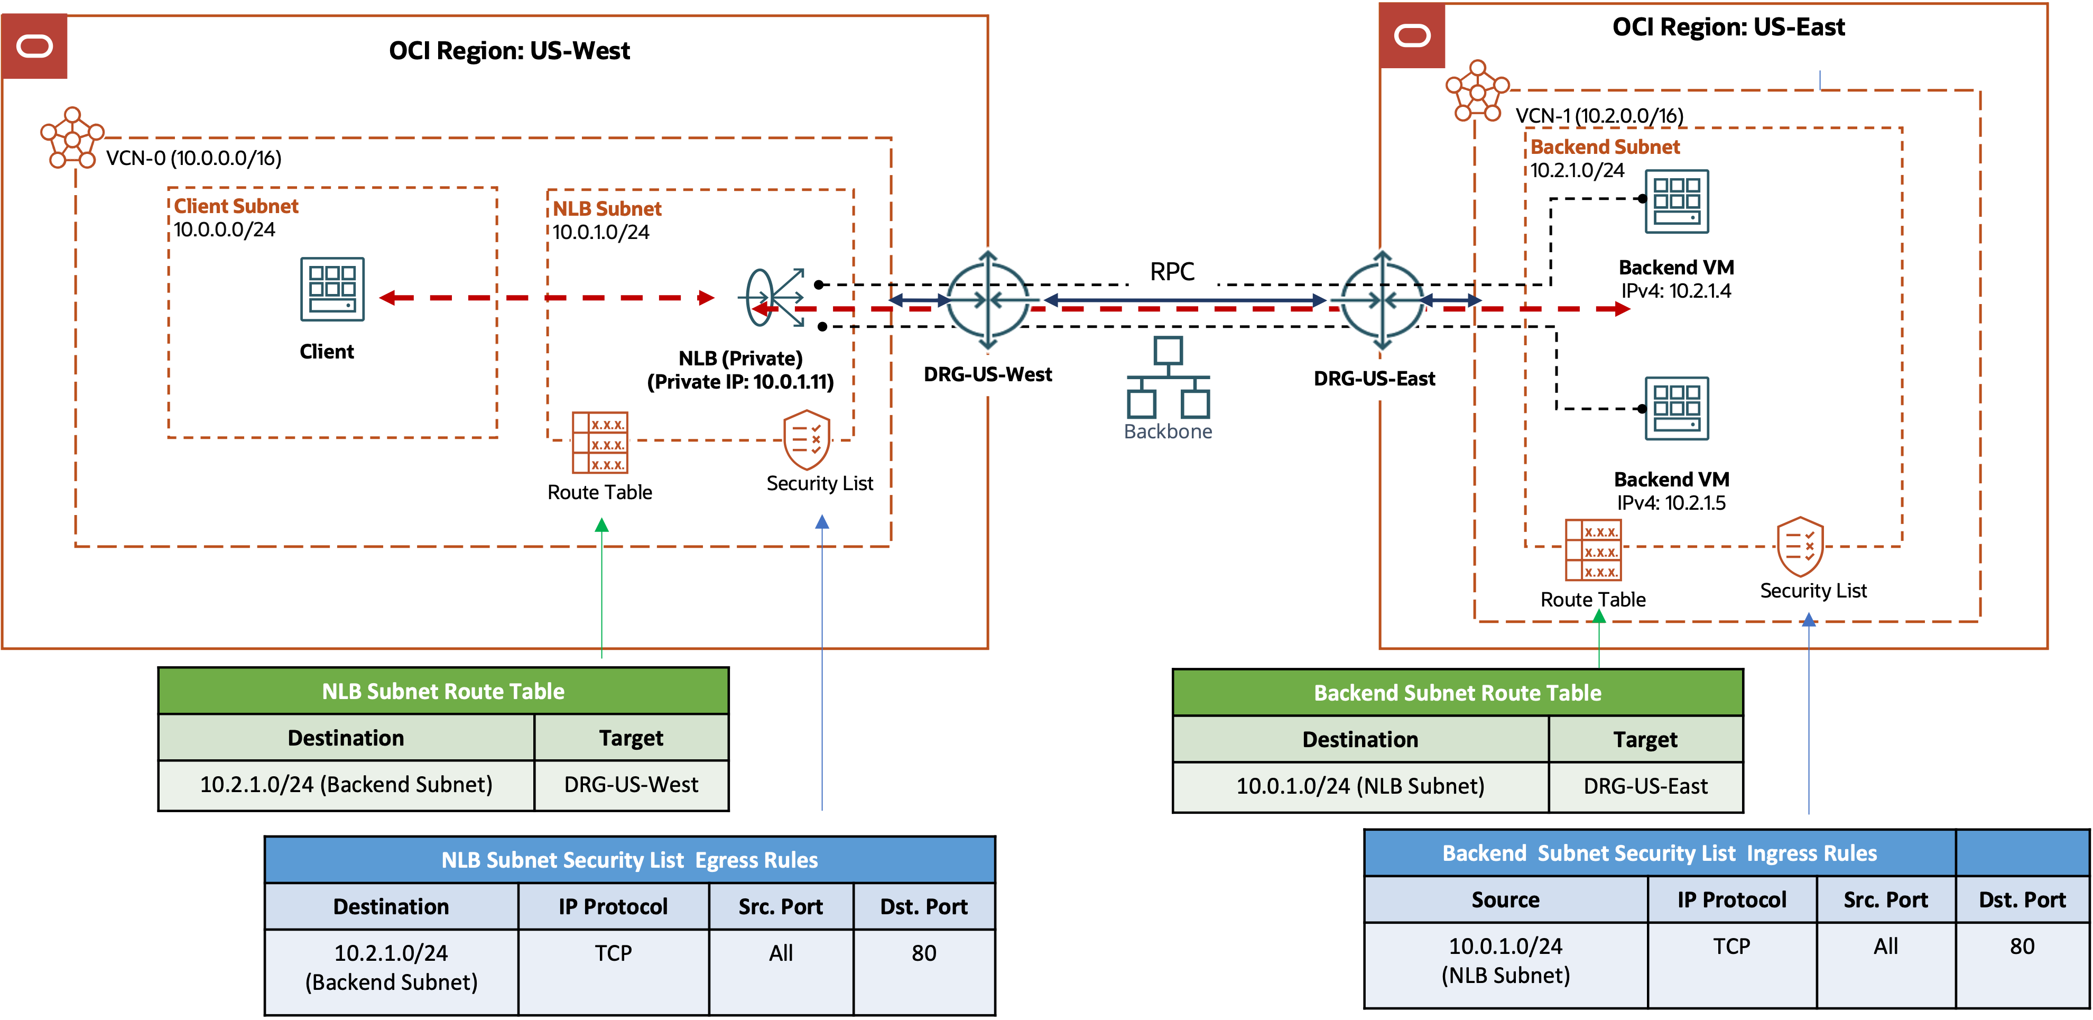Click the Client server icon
332,289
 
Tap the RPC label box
1172,271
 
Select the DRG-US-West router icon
987,300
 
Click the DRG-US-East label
1374,379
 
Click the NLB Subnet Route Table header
443,692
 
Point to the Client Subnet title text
236,206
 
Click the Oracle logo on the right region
1412,36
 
